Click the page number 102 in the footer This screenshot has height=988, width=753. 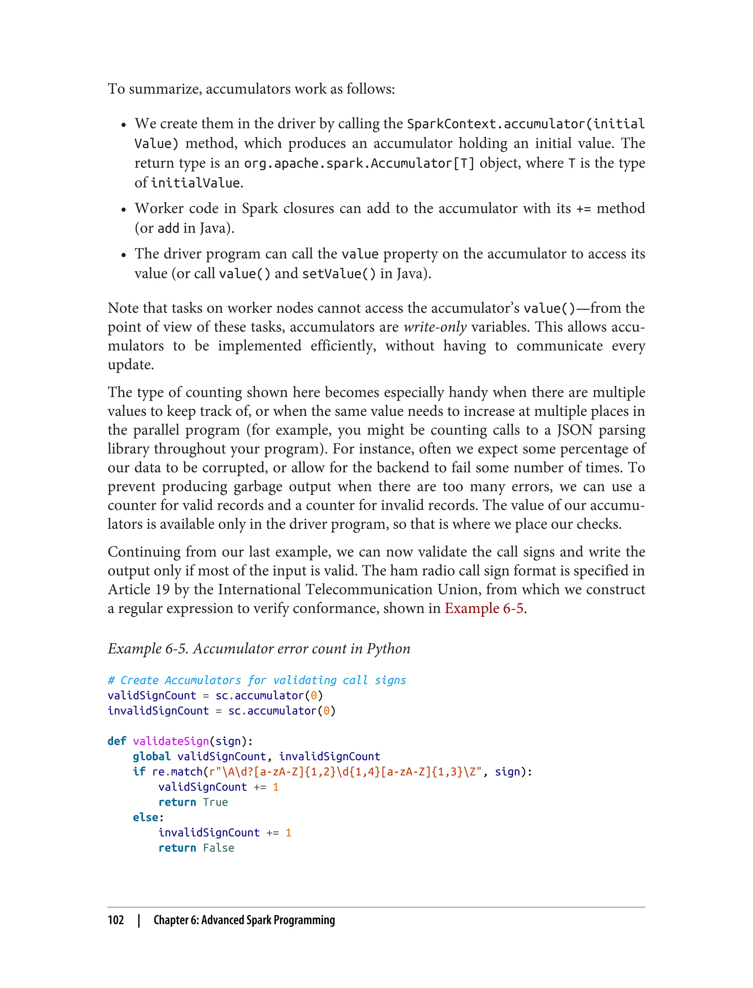click(116, 920)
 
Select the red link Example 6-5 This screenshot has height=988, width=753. click(483, 608)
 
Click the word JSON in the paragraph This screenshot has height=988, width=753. click(575, 430)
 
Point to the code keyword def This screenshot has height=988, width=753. click(117, 741)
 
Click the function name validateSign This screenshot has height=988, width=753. click(171, 741)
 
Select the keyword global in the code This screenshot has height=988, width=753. click(151, 756)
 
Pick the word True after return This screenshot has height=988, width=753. click(215, 802)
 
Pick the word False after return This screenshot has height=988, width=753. click(218, 848)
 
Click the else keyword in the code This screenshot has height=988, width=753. click(145, 817)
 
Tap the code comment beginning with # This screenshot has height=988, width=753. click(257, 680)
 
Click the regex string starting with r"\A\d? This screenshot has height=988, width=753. click(345, 772)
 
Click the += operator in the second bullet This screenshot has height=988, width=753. click(584, 209)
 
